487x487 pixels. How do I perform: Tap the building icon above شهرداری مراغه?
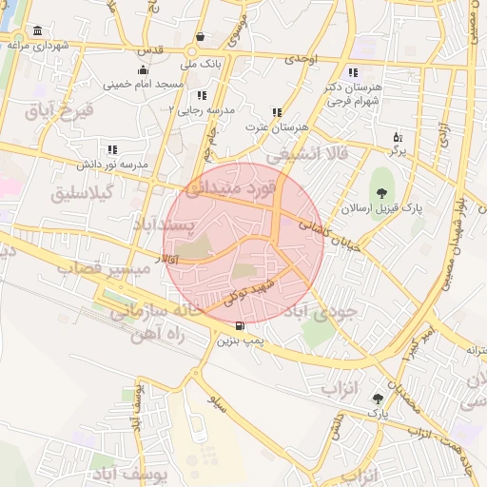37,30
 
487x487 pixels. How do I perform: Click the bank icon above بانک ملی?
201,51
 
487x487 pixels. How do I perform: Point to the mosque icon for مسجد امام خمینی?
143,69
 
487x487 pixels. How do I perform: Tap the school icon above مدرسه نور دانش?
113,149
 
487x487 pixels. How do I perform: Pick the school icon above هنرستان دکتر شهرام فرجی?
353,72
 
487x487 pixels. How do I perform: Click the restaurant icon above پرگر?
398,137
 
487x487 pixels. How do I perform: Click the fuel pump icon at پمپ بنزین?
238,325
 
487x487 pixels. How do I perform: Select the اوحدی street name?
300,58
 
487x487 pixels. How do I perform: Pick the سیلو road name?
219,399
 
